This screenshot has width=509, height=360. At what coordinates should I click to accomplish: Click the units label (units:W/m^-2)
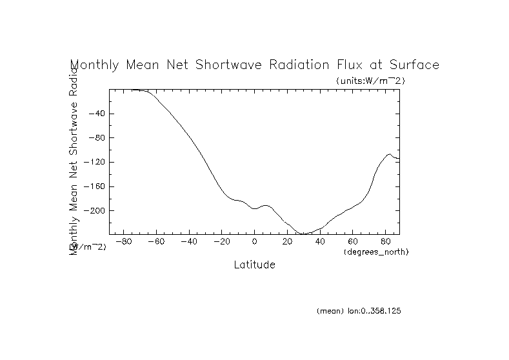(370, 81)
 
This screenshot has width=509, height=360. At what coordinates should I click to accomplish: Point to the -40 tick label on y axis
(96, 114)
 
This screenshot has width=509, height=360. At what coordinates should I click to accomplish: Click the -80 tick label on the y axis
(96, 138)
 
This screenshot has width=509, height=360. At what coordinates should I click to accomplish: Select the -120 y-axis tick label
(94, 162)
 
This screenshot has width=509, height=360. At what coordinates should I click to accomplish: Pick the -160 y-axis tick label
(94, 186)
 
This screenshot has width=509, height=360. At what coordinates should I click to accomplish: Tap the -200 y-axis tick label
(94, 211)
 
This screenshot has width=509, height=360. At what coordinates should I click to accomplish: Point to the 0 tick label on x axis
(254, 241)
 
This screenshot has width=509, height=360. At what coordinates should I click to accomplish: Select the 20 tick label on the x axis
(287, 241)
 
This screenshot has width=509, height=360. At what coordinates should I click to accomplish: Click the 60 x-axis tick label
(352, 241)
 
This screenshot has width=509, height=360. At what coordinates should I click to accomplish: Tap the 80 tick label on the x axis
(385, 241)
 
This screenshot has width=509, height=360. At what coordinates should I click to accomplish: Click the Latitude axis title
(254, 265)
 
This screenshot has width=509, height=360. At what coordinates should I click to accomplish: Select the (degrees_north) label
(376, 251)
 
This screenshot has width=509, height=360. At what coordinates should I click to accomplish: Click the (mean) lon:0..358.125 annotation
(359, 311)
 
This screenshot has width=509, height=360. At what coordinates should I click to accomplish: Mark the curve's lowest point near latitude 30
(303, 234)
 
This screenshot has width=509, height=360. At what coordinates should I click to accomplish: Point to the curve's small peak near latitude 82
(389, 154)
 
